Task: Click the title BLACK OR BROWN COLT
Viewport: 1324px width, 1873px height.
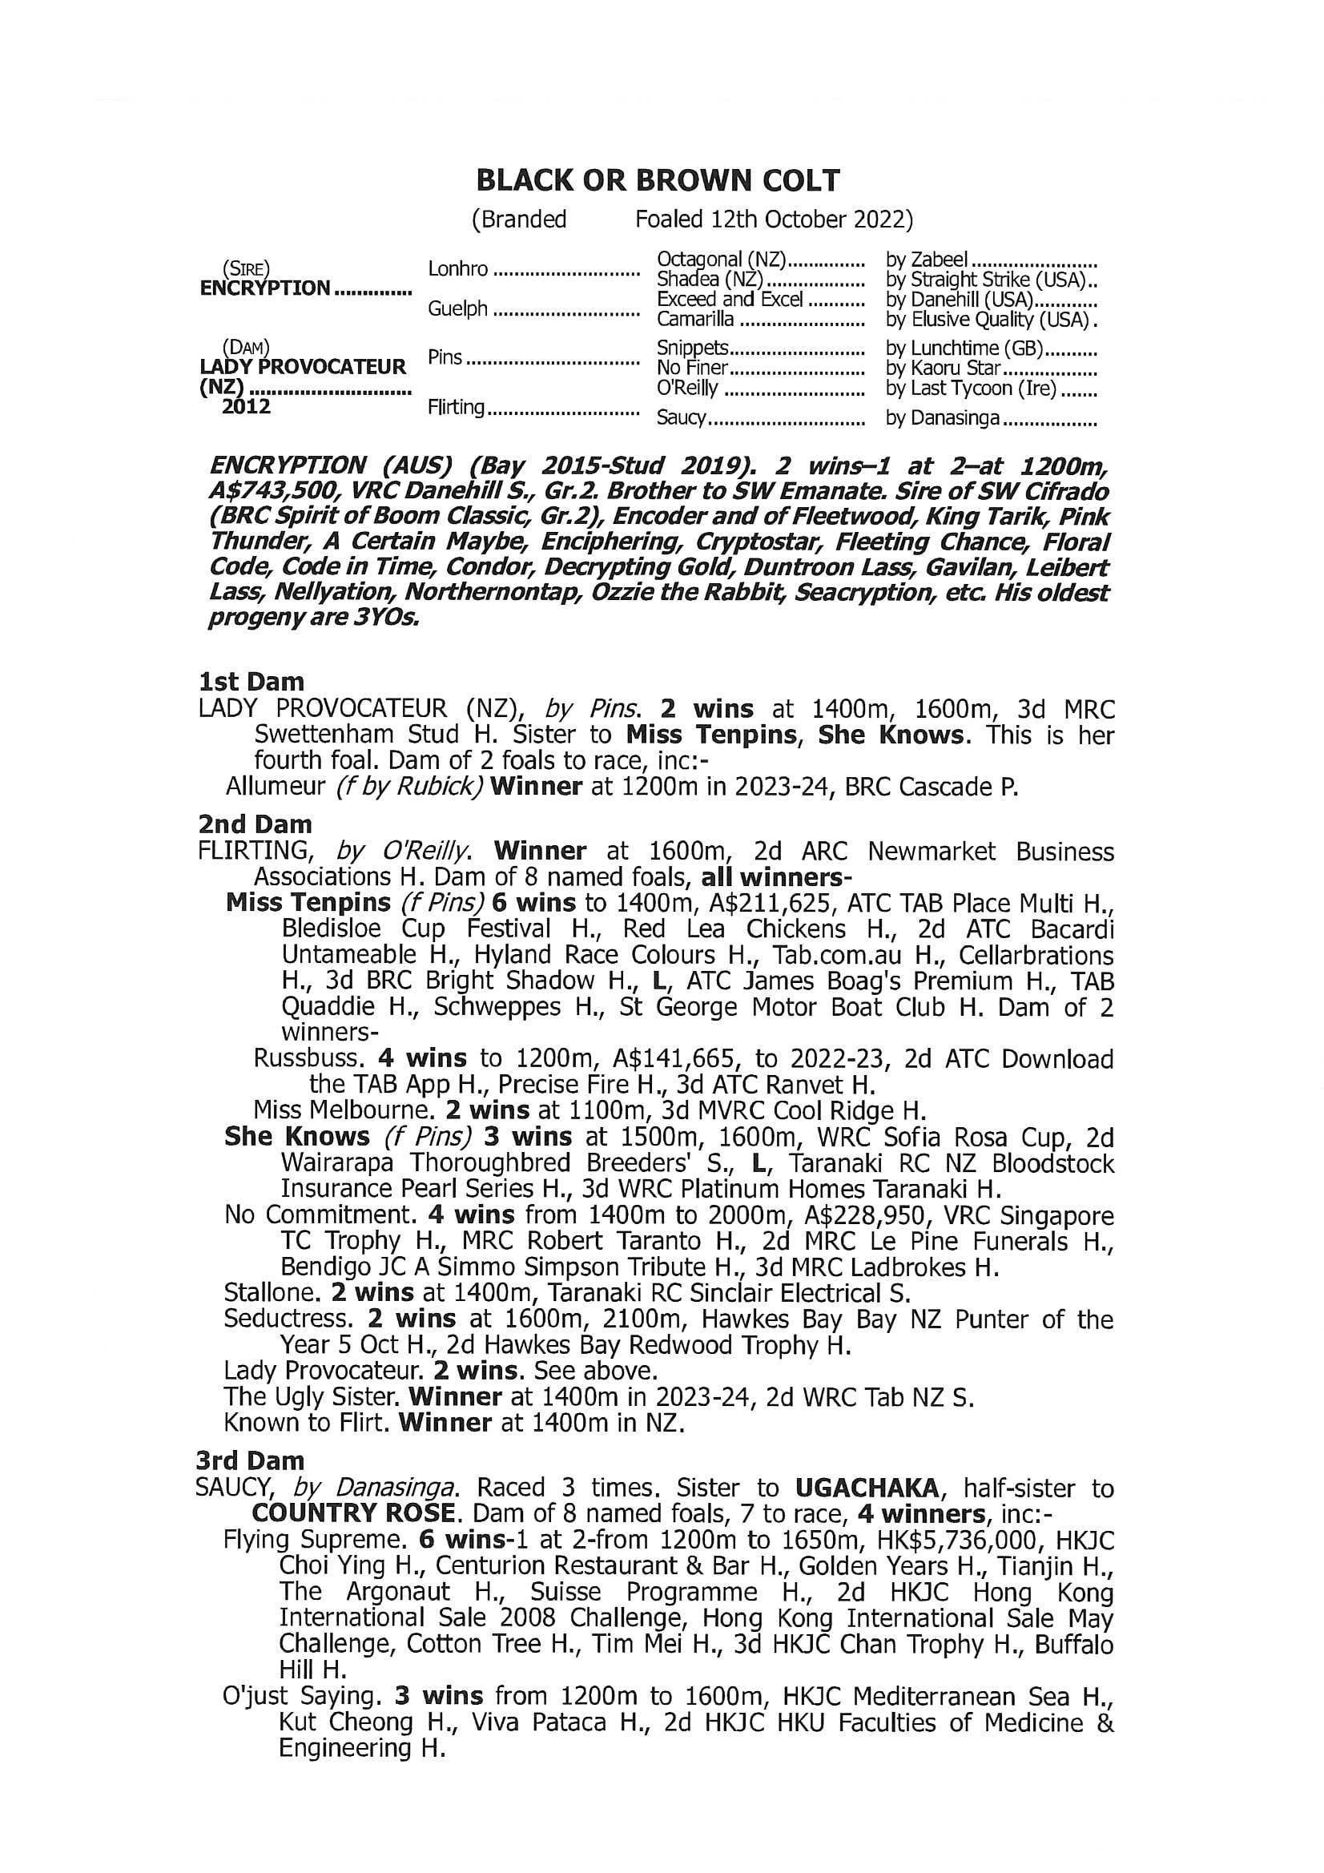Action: (658, 181)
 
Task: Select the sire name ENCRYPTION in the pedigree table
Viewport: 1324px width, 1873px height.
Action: (265, 288)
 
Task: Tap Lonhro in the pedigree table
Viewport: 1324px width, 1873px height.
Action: (457, 269)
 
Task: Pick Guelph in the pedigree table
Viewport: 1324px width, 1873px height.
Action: (457, 308)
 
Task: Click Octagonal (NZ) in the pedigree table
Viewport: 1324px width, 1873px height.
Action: (721, 260)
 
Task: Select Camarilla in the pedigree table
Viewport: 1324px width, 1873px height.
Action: (695, 320)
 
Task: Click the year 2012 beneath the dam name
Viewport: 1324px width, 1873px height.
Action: (247, 406)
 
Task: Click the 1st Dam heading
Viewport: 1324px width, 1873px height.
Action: (252, 682)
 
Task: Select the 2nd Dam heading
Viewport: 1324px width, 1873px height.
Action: (255, 824)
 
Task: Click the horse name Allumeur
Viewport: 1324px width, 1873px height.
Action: (276, 787)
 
